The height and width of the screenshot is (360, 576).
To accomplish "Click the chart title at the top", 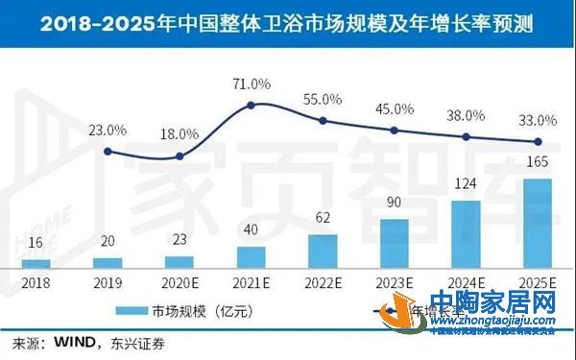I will [x=288, y=21].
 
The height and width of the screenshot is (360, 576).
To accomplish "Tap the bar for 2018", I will [x=36, y=262].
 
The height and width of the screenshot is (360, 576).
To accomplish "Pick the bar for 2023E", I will [x=394, y=243].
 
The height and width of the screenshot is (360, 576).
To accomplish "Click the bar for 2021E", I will [x=251, y=256].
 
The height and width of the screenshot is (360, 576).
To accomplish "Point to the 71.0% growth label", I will [x=251, y=84].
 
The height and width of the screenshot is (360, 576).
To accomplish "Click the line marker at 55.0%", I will [x=324, y=120].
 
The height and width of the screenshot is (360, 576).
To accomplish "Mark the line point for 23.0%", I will [x=108, y=151].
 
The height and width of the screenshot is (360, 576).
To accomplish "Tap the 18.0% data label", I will [x=180, y=134].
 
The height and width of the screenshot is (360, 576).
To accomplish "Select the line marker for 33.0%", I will [x=536, y=142].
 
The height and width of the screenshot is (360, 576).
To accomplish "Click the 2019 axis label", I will [x=108, y=284].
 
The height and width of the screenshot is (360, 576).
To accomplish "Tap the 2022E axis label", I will [x=323, y=284].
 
